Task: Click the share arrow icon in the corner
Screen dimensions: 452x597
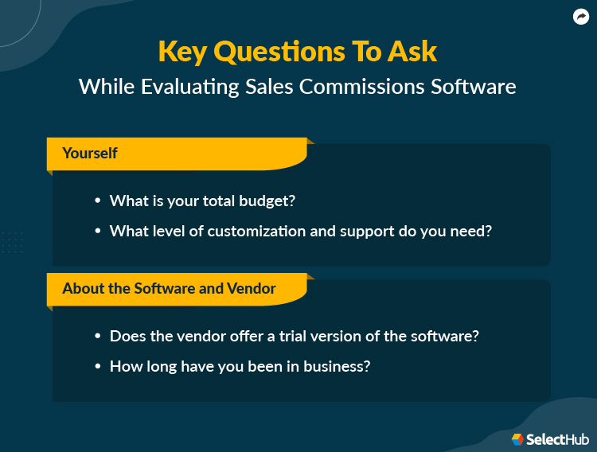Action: pyautogui.click(x=581, y=18)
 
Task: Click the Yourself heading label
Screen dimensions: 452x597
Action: pyautogui.click(x=90, y=153)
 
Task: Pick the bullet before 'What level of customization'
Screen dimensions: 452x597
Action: pyautogui.click(x=97, y=232)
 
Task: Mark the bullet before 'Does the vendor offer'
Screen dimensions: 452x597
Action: pyautogui.click(x=97, y=337)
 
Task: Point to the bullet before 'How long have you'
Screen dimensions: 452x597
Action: pyautogui.click(x=97, y=367)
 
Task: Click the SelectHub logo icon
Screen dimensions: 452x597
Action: pyautogui.click(x=517, y=439)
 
